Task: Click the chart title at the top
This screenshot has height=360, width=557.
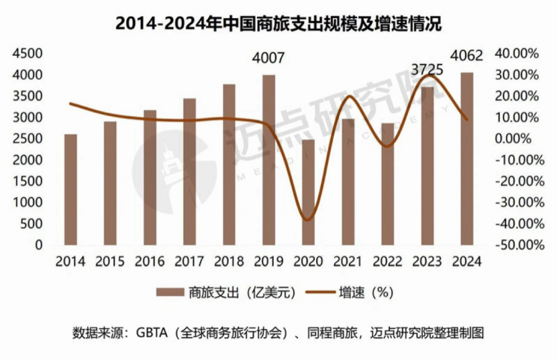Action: click(x=278, y=23)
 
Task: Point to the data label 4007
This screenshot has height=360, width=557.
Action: click(x=268, y=58)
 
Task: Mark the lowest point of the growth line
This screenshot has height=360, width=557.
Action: click(x=307, y=220)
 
